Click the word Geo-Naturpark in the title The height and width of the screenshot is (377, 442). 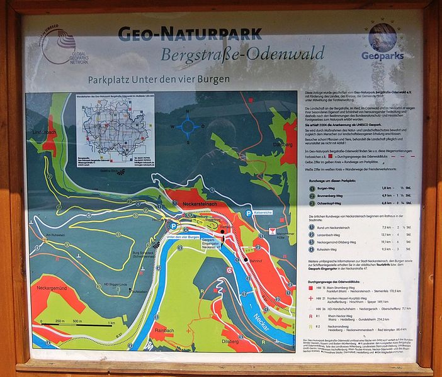pos(190,32)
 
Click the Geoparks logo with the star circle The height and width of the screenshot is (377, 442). pos(383,41)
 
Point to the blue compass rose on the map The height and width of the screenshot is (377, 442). pos(188,126)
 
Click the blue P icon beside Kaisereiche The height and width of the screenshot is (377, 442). pos(249,213)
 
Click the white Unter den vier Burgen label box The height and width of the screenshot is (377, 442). pos(183,237)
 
